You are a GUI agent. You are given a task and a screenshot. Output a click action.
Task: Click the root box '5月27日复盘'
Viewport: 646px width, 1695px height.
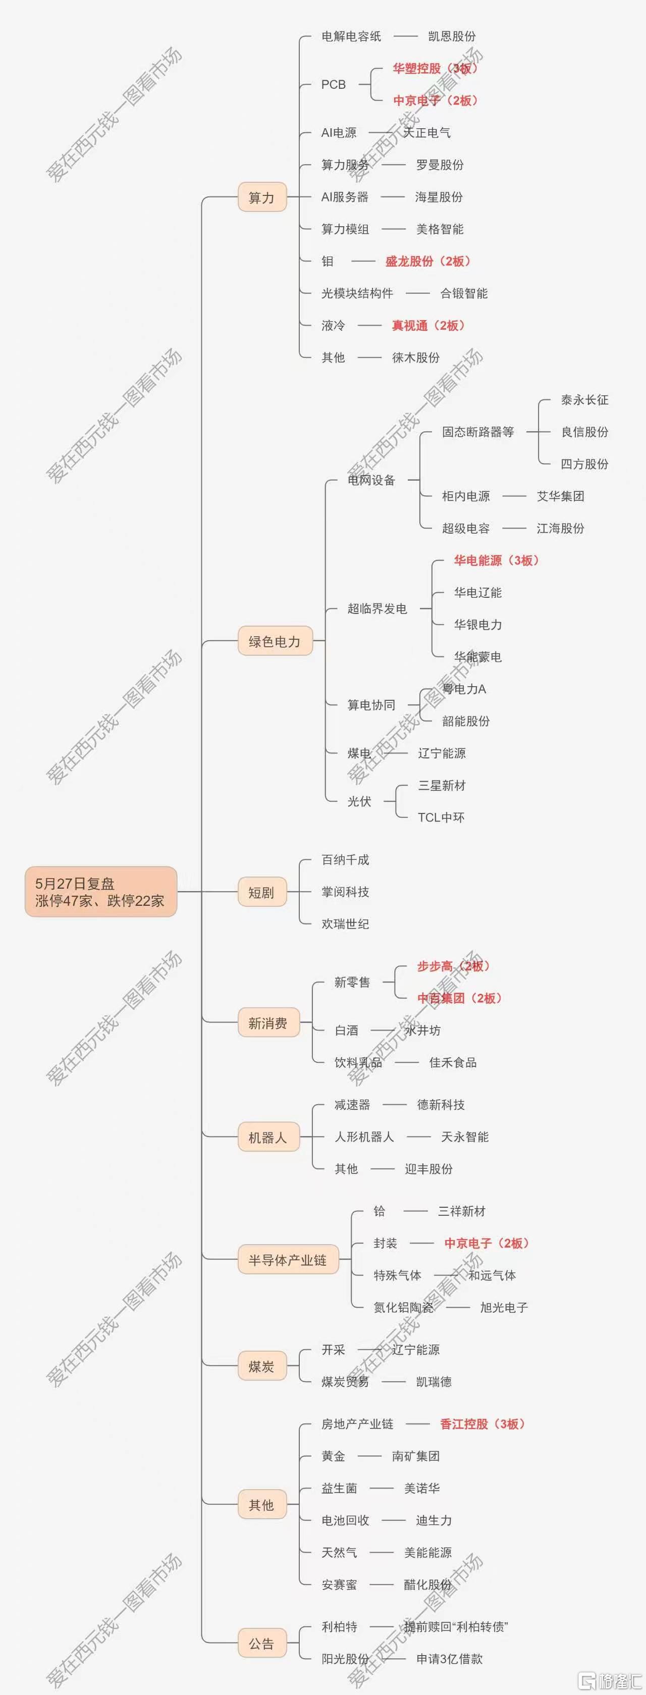(100, 892)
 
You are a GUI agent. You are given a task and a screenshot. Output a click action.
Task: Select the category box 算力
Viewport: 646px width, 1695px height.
(262, 197)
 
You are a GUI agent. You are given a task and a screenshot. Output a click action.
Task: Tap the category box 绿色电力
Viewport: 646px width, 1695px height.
(275, 641)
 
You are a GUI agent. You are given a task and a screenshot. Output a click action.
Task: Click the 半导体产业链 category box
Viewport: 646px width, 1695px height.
(288, 1259)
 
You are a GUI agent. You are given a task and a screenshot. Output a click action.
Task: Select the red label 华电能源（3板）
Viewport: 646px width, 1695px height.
(497, 560)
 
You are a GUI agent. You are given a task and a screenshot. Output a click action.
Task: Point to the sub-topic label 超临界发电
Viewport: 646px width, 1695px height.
(377, 608)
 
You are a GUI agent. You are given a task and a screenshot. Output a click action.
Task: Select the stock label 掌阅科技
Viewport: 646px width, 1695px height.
(345, 892)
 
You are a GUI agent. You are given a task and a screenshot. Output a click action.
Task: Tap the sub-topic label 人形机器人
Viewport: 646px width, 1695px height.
(364, 1137)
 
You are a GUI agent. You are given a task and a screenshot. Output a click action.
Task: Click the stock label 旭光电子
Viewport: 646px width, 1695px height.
(504, 1307)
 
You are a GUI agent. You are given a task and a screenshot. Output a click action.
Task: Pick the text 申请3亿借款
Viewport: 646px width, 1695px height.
(449, 1659)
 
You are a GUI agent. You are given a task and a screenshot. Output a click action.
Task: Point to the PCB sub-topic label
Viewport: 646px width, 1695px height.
(334, 84)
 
